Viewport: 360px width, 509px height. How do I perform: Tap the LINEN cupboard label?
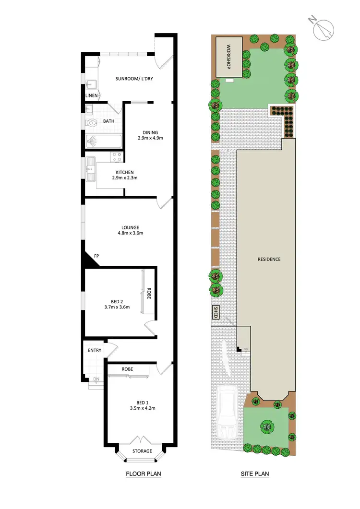[x=92, y=96]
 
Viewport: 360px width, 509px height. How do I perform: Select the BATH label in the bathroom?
[x=108, y=121]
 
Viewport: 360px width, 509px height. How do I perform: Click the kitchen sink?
[x=90, y=168]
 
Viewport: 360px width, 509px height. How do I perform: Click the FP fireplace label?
[x=96, y=256]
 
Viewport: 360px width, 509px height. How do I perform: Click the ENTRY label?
[x=95, y=350]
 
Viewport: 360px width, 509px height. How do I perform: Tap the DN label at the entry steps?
[x=96, y=379]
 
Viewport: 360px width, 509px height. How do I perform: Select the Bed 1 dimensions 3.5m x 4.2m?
[x=143, y=409]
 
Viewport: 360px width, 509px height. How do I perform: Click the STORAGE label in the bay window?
[x=142, y=451]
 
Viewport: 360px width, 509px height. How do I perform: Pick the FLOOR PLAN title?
[x=143, y=474]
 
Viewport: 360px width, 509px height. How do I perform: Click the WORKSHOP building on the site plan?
[x=228, y=56]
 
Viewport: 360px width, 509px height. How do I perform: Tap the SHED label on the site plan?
[x=216, y=312]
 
